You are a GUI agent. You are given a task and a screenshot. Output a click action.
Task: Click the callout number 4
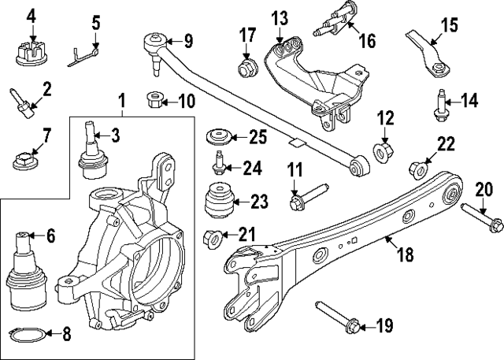coord(31,14)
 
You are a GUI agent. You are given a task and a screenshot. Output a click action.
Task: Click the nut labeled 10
coord(154,101)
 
